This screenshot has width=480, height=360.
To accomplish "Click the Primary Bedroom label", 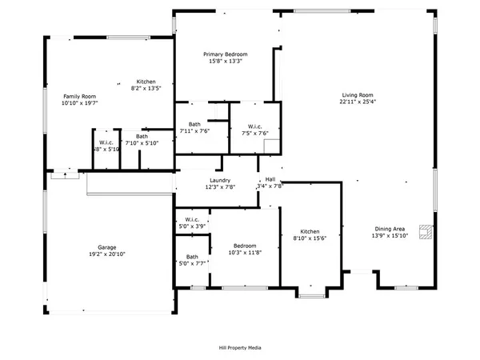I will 226,54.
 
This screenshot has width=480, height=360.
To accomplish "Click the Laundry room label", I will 221,180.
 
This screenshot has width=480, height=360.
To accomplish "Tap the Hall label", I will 270,179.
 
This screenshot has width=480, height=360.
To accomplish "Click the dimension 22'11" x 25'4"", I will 358,102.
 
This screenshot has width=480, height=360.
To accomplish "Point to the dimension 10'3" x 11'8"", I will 245,253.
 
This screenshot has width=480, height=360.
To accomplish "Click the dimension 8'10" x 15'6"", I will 309,237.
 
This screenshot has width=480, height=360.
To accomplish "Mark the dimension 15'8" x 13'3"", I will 226,61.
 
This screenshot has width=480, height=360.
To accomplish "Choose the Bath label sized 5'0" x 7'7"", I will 192,257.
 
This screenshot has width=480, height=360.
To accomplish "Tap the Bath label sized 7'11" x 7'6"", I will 194,124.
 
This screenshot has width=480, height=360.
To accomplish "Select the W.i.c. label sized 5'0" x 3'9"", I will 192,220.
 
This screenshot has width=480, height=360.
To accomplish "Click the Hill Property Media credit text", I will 240,347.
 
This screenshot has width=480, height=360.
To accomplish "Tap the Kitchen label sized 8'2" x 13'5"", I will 146,82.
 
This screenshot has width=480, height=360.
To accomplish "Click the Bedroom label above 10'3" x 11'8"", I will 245,246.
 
